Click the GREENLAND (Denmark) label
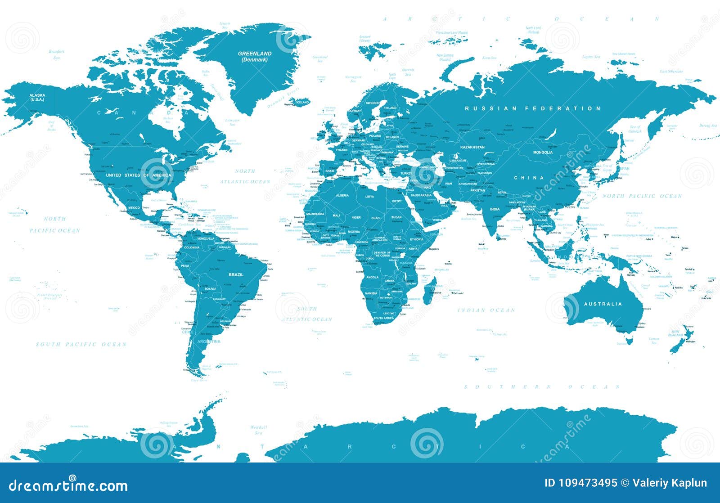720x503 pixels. [x=255, y=56]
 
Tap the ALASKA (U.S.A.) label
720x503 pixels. [x=37, y=97]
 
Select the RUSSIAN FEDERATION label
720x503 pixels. [x=533, y=108]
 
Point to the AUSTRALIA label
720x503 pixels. [x=603, y=304]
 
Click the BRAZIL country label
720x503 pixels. [x=236, y=274]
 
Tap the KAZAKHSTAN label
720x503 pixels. [x=472, y=147]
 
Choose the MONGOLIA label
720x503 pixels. [x=543, y=153]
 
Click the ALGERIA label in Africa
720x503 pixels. [x=342, y=195]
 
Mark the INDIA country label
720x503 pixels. [x=495, y=209]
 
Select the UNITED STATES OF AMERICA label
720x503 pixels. [x=139, y=175]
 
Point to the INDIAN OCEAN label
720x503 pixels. [x=486, y=310]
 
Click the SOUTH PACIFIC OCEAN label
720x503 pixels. [x=81, y=344]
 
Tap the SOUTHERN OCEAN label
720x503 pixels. [x=542, y=387]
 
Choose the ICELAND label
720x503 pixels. [x=302, y=102]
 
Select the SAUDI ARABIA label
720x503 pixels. [x=421, y=195]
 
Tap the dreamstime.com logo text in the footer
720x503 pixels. [x=68, y=486]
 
